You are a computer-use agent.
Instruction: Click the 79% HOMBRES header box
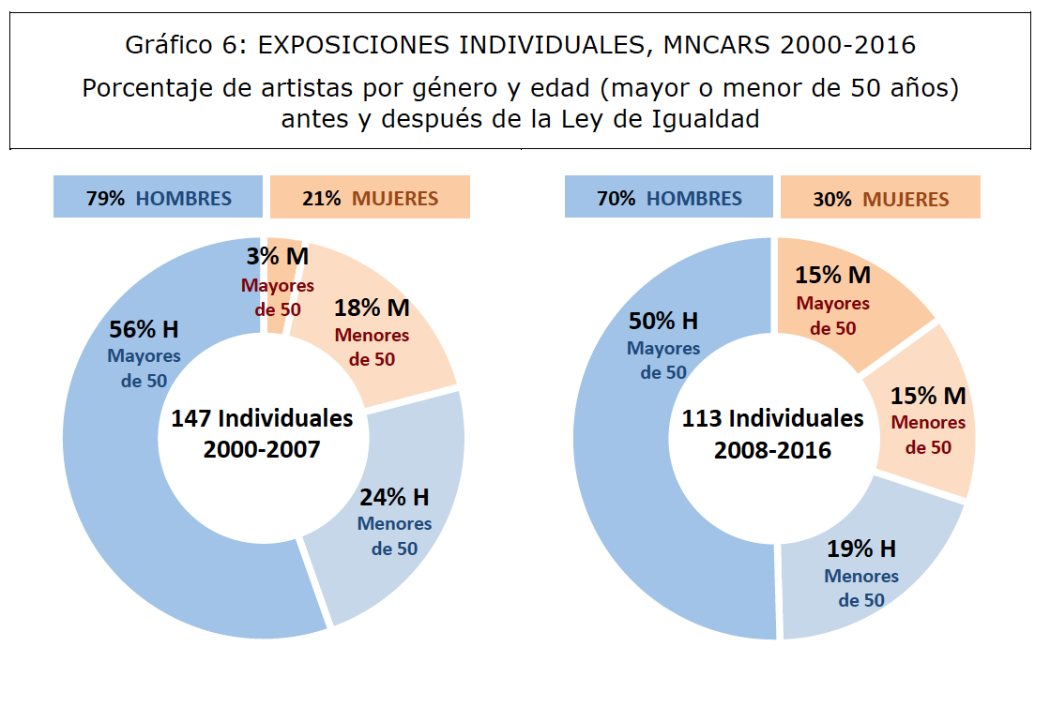point(158,198)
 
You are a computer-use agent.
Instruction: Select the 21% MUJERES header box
point(370,198)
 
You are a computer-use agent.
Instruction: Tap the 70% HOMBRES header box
point(669,199)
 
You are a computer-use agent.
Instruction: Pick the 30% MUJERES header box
point(880,199)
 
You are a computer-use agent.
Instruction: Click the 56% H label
point(144,330)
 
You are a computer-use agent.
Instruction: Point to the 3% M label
point(278,257)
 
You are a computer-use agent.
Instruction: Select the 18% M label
point(372,308)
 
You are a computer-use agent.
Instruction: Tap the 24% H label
point(394,497)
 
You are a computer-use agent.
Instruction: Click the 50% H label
point(663,322)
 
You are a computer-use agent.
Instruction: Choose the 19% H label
point(861,549)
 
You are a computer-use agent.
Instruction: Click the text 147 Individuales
point(262,418)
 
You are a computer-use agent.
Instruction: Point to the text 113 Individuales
point(772,418)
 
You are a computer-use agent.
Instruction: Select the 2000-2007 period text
point(262,449)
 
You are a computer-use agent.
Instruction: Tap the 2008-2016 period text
point(772,450)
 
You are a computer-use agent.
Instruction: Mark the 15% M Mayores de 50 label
point(833,276)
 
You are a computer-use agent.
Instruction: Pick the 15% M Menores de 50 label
point(928,396)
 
